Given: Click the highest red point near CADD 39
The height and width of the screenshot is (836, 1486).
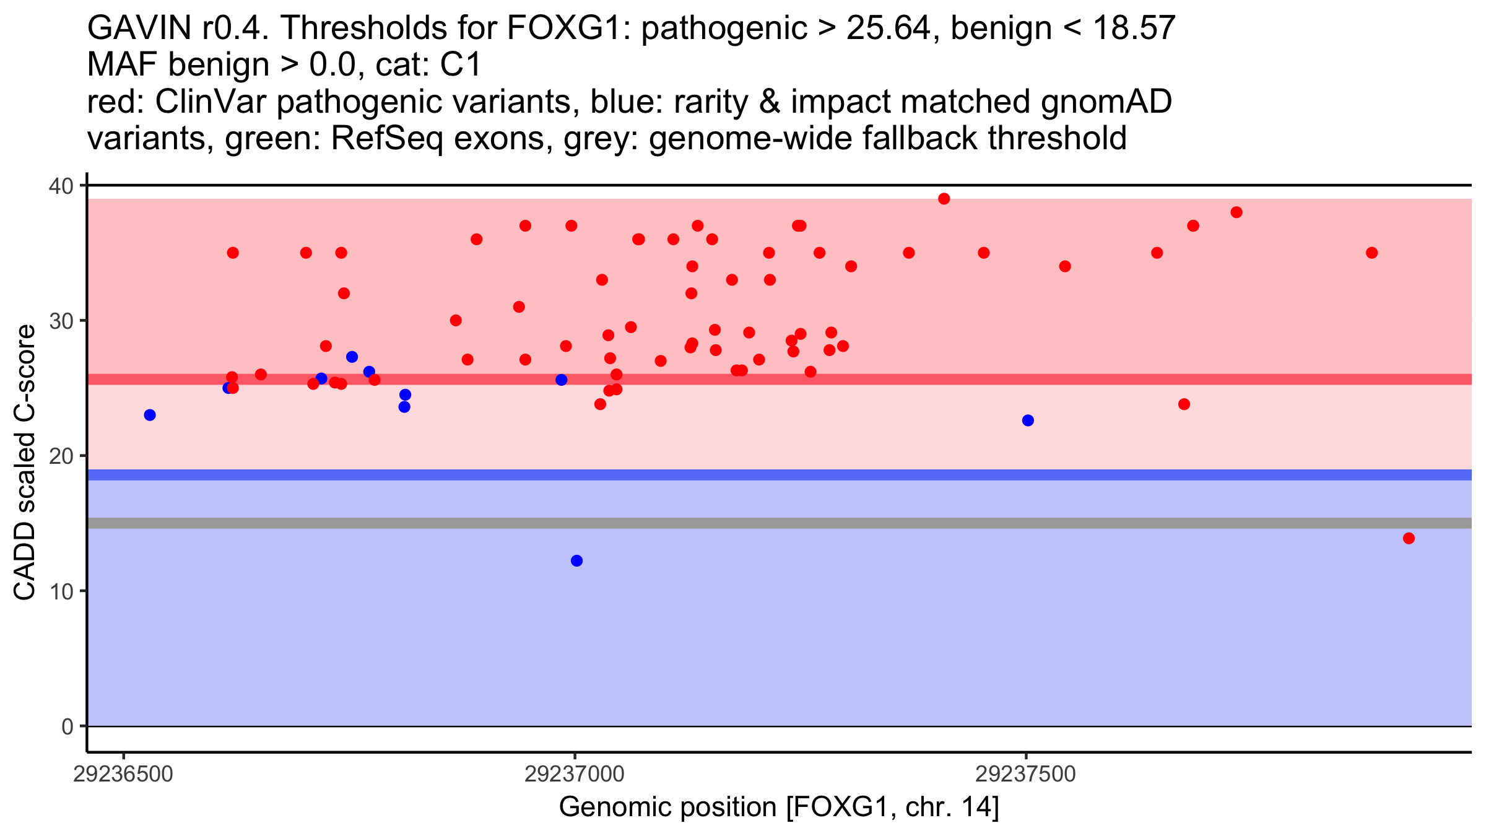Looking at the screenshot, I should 944,199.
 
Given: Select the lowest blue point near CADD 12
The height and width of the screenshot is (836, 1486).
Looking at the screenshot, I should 576,560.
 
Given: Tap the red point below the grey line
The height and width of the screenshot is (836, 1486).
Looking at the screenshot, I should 1409,538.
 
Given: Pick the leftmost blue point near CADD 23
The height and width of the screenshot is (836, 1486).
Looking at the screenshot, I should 150,415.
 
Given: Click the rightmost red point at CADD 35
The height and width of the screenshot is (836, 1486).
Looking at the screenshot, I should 1371,253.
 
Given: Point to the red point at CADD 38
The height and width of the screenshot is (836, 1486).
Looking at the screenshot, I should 1236,212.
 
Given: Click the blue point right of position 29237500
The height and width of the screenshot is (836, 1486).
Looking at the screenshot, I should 1028,420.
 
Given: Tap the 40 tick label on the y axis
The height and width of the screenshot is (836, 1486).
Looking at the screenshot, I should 61,186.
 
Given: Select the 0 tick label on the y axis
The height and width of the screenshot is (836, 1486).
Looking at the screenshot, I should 67,726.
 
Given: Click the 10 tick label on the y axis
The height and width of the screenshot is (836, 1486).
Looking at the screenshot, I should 61,591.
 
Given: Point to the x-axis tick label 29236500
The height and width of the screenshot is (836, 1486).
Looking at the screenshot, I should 123,774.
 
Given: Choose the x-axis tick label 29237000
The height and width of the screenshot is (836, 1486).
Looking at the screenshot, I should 575,774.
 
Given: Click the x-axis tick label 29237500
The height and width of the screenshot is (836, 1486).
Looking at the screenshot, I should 1026,774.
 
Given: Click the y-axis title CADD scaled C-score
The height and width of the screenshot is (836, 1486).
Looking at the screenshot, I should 25,463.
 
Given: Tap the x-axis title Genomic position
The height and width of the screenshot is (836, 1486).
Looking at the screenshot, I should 778,808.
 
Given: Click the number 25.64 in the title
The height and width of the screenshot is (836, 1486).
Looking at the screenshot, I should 889,28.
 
